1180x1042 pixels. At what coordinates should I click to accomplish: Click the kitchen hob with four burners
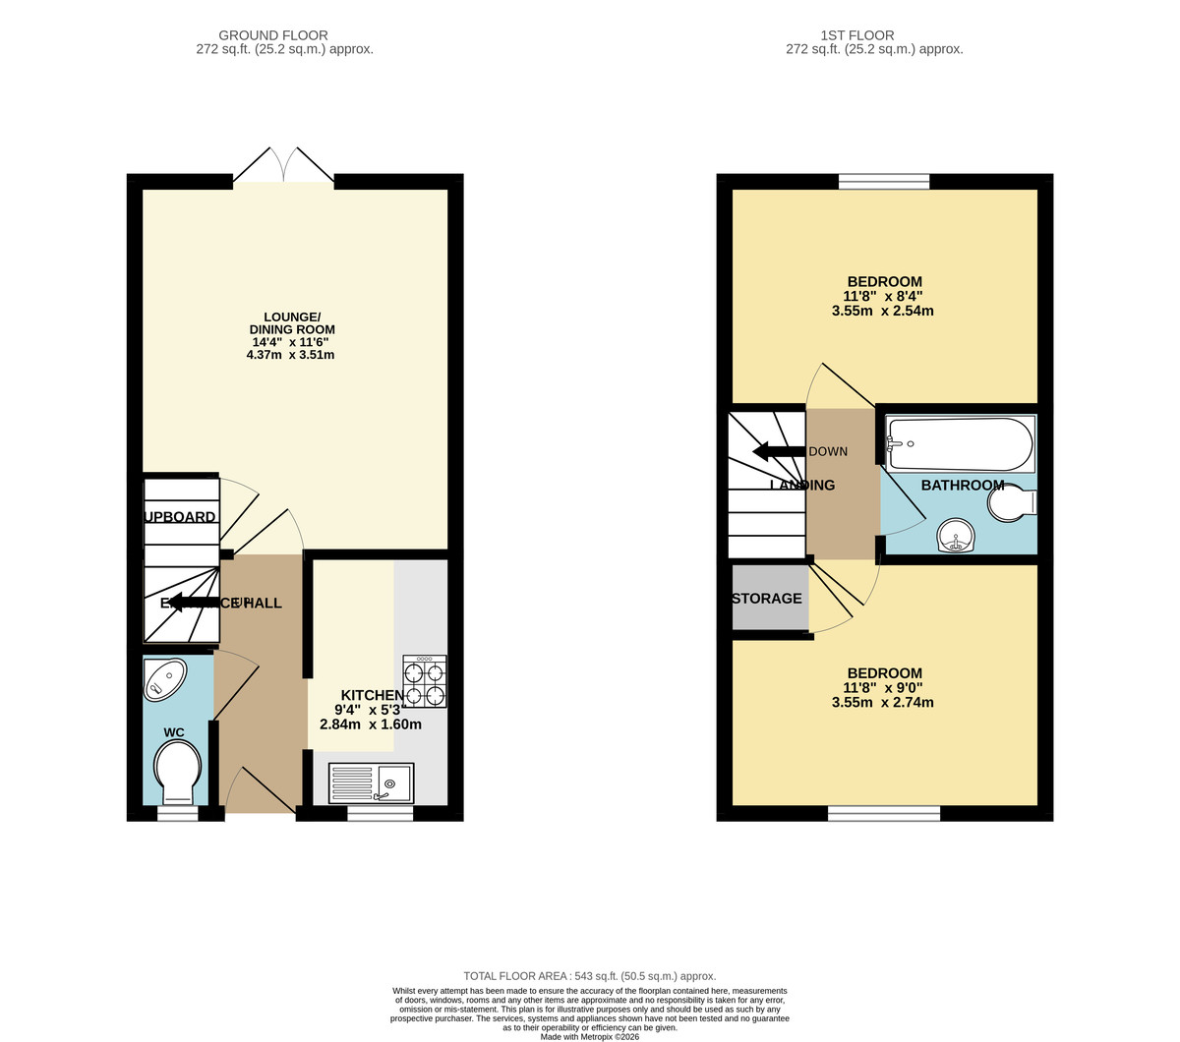[424, 681]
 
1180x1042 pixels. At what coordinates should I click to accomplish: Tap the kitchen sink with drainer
[372, 782]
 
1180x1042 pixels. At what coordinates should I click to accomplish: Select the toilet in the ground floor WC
[178, 770]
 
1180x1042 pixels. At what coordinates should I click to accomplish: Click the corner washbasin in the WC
[164, 679]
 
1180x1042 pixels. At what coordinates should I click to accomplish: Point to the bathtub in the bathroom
[960, 445]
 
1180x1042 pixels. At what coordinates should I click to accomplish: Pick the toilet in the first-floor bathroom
[1012, 504]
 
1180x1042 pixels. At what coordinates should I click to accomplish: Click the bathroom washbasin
[956, 537]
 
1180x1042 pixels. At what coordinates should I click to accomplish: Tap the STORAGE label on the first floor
[767, 598]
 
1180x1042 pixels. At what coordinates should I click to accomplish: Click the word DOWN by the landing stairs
[828, 451]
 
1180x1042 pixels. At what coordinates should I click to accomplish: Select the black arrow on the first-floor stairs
[778, 451]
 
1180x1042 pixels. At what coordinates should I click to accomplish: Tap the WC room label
[174, 732]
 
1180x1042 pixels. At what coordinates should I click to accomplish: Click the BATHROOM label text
[963, 485]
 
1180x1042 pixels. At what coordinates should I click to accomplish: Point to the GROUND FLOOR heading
[273, 35]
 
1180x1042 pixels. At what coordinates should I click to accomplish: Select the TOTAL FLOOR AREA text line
[590, 976]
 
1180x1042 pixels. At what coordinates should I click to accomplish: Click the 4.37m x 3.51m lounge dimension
[290, 355]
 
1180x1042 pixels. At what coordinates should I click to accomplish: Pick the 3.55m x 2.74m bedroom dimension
[882, 703]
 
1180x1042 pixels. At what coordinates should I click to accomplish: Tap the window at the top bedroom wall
[884, 181]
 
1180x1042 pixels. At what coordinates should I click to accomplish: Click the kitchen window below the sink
[380, 814]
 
